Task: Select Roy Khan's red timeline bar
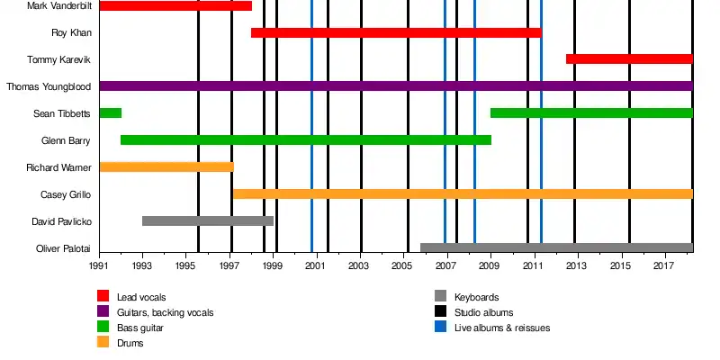(x=396, y=32)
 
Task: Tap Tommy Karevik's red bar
(x=629, y=59)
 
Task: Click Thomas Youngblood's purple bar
(x=396, y=86)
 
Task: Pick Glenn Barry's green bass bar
(x=306, y=139)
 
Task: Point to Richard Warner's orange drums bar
(x=166, y=166)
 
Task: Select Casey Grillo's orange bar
(x=463, y=193)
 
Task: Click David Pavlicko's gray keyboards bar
(x=208, y=220)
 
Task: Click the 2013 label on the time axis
(x=577, y=266)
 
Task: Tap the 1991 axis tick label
(x=99, y=266)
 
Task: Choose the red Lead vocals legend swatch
(x=103, y=296)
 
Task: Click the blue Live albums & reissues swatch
(x=441, y=327)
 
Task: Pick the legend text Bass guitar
(x=141, y=328)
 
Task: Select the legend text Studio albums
(x=485, y=312)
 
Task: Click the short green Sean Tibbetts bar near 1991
(x=110, y=112)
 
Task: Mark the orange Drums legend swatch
(x=103, y=342)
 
